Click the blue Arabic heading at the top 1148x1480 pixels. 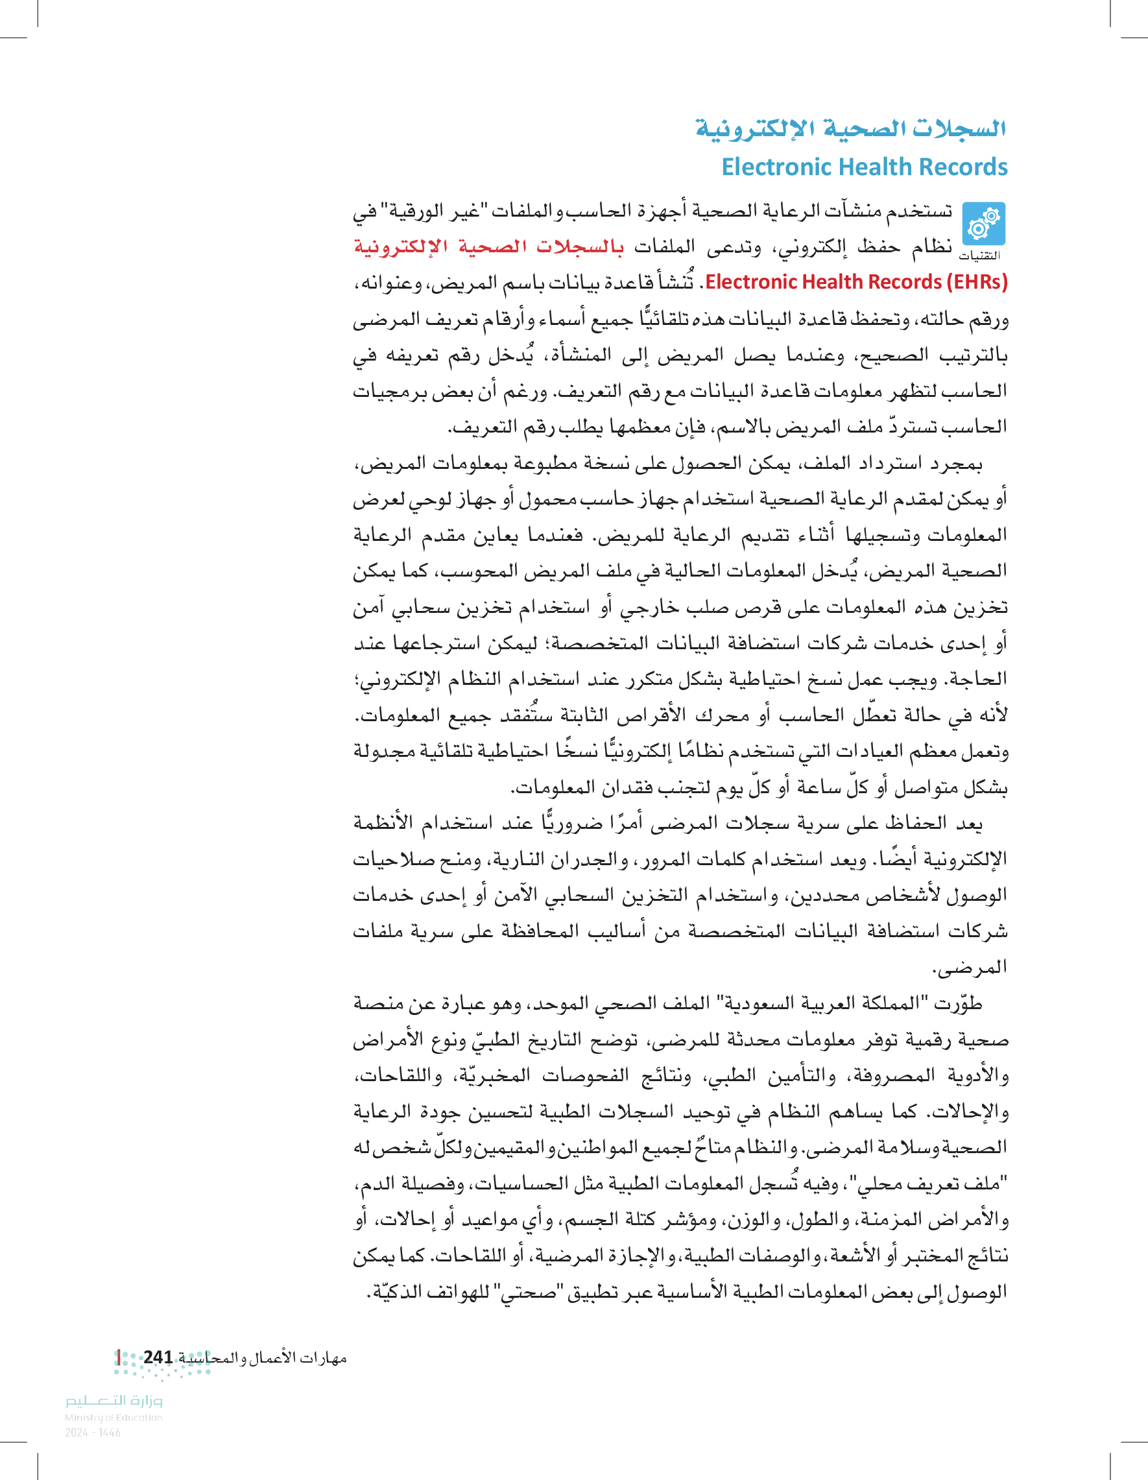click(850, 128)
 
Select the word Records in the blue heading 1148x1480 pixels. click(970, 167)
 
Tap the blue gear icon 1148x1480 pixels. click(983, 224)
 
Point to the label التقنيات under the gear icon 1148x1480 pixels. click(980, 256)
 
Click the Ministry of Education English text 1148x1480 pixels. click(113, 1417)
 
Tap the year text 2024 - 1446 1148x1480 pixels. click(93, 1433)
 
